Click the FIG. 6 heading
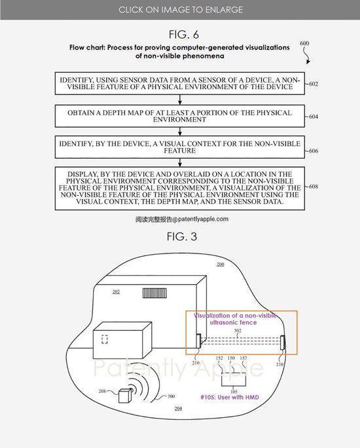pyautogui.click(x=183, y=35)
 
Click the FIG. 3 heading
pyautogui.click(x=182, y=236)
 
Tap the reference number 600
pyautogui.click(x=304, y=43)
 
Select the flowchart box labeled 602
pyautogui.click(x=180, y=83)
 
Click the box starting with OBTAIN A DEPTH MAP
pyautogui.click(x=180, y=116)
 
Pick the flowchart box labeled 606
pyautogui.click(x=180, y=147)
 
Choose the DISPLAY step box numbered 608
pyautogui.click(x=180, y=189)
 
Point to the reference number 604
pyautogui.click(x=314, y=117)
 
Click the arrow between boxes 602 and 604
pyautogui.click(x=180, y=100)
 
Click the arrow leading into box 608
pyautogui.click(x=180, y=162)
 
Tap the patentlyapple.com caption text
pyautogui.click(x=182, y=219)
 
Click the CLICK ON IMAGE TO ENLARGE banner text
pyautogui.click(x=181, y=10)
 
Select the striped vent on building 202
pyautogui.click(x=154, y=293)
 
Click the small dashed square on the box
pyautogui.click(x=105, y=339)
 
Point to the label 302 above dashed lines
pyautogui.click(x=238, y=331)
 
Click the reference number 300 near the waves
pyautogui.click(x=171, y=396)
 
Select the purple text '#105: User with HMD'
pyautogui.click(x=230, y=397)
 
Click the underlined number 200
pyautogui.click(x=220, y=265)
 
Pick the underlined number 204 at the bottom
pyautogui.click(x=178, y=409)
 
